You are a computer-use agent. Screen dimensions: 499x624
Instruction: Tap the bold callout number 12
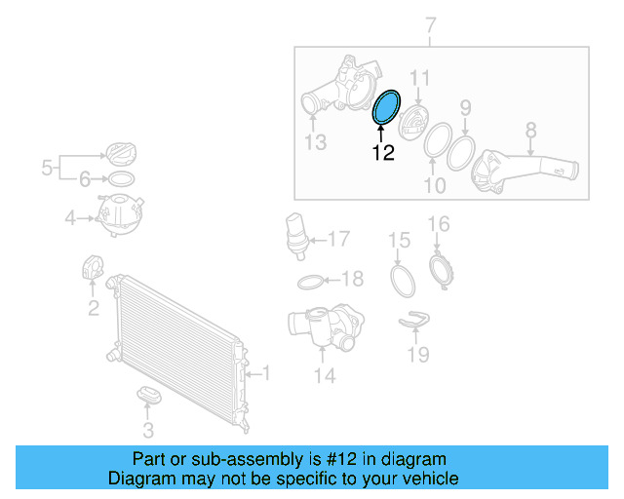click(383, 153)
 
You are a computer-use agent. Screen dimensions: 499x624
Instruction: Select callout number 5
click(46, 169)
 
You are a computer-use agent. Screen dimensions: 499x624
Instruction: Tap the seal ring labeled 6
click(119, 179)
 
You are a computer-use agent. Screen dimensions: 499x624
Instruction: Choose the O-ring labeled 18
click(308, 282)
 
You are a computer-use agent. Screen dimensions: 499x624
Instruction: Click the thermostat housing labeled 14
click(322, 331)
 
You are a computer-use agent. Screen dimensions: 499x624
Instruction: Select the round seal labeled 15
click(402, 280)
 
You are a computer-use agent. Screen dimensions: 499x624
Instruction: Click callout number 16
click(439, 225)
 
